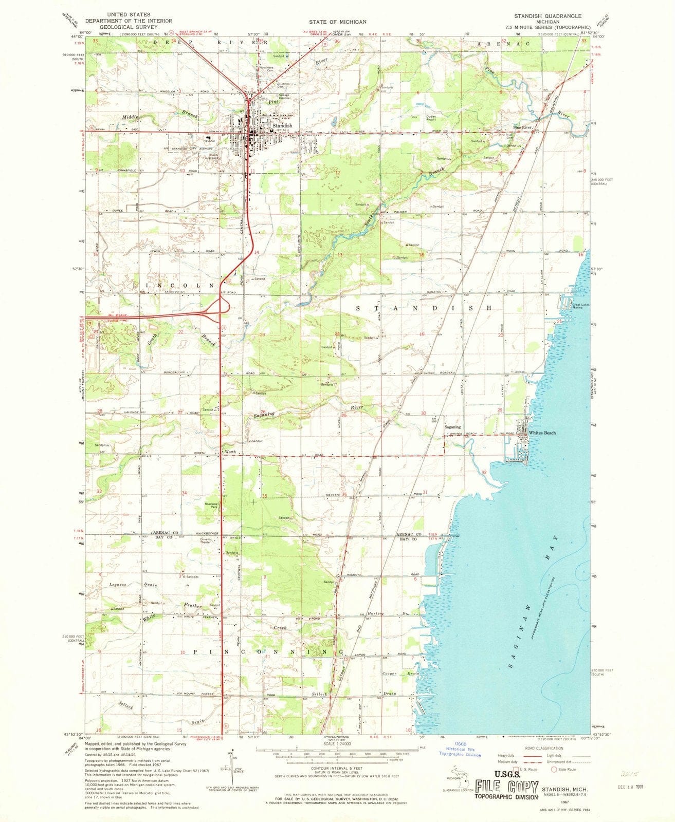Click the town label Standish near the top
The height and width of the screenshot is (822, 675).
point(282,125)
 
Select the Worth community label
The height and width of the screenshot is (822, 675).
point(230,452)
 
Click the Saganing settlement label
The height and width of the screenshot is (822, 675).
point(452,427)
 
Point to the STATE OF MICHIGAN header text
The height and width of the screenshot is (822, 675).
point(337,22)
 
